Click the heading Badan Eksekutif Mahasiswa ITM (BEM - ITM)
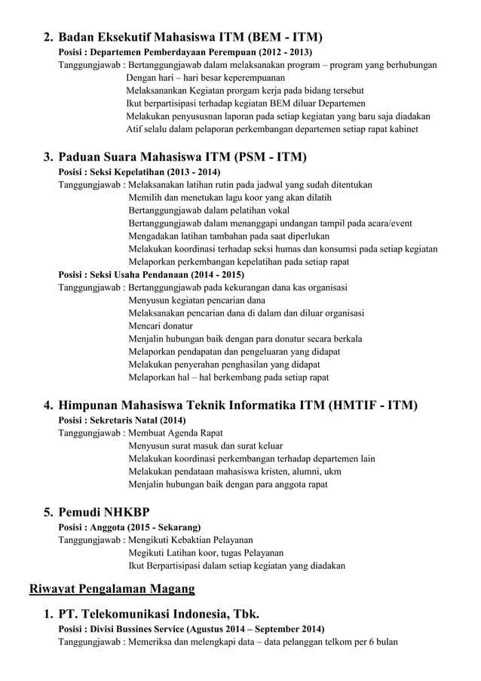tap(191, 37)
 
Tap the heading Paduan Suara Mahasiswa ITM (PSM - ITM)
tap(182, 158)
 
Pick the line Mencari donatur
tap(161, 325)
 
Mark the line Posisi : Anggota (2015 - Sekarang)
tap(130, 527)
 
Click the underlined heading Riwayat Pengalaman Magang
tap(112, 590)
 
